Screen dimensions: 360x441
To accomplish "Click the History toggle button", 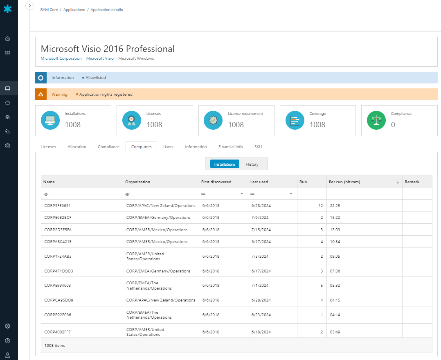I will (x=252, y=164).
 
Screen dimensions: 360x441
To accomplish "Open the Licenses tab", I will (x=48, y=146).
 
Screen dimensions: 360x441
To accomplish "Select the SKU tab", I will (x=258, y=146).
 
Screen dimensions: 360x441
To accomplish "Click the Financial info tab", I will (x=230, y=146).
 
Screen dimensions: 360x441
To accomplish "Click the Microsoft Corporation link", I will (x=61, y=59).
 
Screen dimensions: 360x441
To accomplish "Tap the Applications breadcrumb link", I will (x=74, y=10).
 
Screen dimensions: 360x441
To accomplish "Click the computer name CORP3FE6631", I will (x=55, y=205).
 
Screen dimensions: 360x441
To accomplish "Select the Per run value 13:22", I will (x=335, y=218).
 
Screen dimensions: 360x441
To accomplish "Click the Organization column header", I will (x=138, y=182).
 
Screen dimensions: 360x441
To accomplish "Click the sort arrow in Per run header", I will (x=398, y=182).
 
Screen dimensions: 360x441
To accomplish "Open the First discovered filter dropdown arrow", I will (x=242, y=193).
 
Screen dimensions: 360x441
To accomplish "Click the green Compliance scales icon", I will (x=376, y=120).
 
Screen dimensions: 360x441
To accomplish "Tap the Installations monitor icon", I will (x=50, y=120).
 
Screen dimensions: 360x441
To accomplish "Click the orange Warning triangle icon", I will (x=40, y=94).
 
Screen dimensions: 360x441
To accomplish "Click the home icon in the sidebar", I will (x=7, y=39).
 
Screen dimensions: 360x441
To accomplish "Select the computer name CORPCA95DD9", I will (x=59, y=300).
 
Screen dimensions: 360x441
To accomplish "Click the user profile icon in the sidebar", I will (x=7, y=355).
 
